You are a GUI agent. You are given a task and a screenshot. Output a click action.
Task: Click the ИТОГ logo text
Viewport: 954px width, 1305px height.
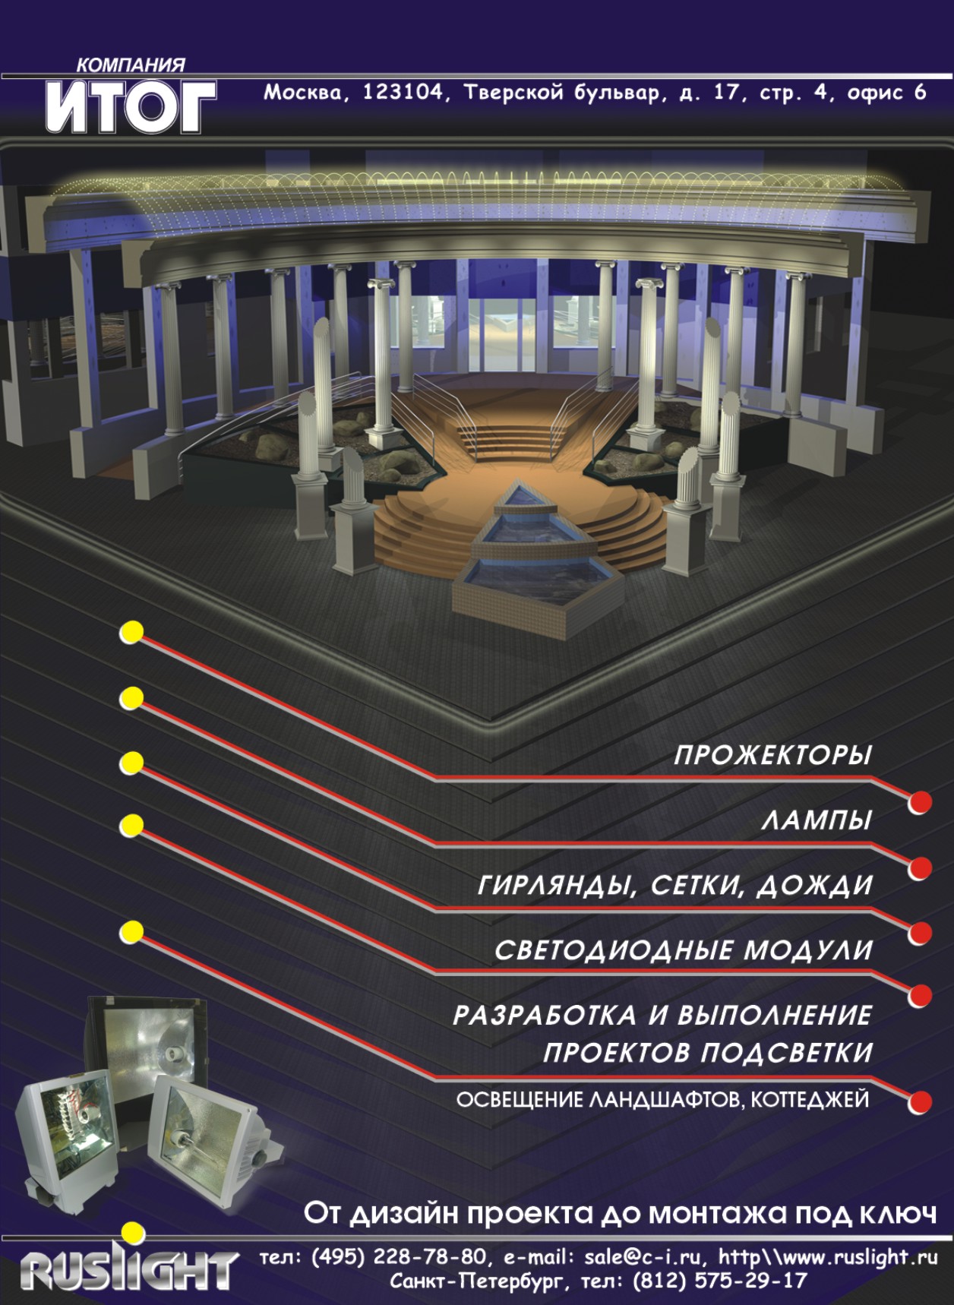click(130, 107)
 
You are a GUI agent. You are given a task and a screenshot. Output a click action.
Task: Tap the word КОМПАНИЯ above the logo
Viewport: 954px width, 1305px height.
click(130, 66)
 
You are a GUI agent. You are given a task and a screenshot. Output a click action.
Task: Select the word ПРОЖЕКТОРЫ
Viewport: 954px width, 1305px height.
click(772, 757)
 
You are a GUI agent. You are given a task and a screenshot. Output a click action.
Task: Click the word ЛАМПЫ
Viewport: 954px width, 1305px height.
click(816, 821)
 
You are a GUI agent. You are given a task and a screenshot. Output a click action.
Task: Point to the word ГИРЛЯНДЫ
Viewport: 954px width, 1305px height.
click(556, 886)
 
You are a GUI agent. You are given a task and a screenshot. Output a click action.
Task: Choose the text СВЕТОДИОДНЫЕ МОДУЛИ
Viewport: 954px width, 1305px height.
click(683, 950)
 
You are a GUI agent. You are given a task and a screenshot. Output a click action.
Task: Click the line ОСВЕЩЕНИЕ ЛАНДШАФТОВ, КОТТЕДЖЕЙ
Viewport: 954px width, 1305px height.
click(662, 1100)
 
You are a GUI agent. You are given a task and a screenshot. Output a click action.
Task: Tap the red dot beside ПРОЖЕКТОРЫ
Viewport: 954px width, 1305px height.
click(921, 802)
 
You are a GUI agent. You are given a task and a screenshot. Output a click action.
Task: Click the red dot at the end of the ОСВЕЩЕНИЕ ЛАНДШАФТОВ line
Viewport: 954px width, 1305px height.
click(921, 1101)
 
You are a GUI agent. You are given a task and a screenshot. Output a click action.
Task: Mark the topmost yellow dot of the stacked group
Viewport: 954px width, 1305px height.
click(132, 632)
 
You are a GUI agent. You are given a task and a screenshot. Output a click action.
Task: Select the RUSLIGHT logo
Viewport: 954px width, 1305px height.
click(128, 1271)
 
